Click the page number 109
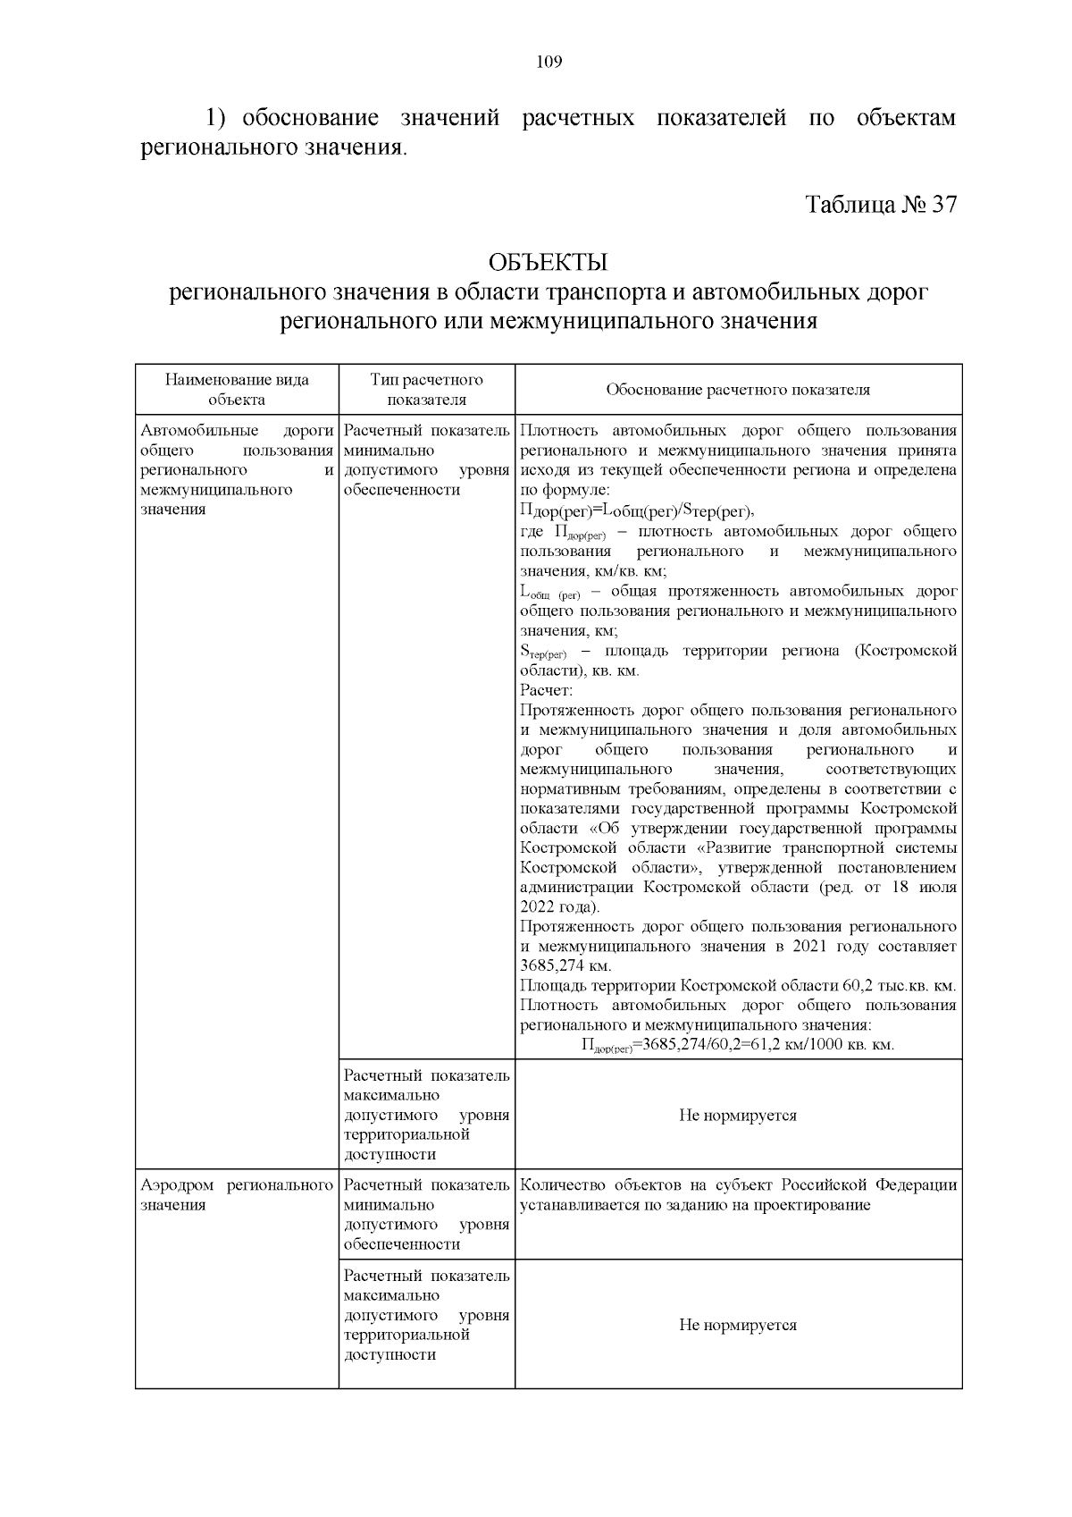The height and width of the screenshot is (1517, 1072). [549, 62]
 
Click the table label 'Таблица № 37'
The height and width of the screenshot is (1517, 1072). [881, 205]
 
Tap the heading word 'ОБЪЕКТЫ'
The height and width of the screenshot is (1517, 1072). [548, 263]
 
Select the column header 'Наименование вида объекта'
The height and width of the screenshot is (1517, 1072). [237, 390]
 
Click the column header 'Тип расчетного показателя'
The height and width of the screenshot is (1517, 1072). [426, 390]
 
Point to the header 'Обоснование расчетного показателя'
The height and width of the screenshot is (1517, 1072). [738, 390]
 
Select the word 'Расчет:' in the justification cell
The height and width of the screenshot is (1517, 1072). [546, 690]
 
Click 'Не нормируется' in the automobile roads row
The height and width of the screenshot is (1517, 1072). [738, 1116]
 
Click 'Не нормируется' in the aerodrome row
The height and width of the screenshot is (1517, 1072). [738, 1325]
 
